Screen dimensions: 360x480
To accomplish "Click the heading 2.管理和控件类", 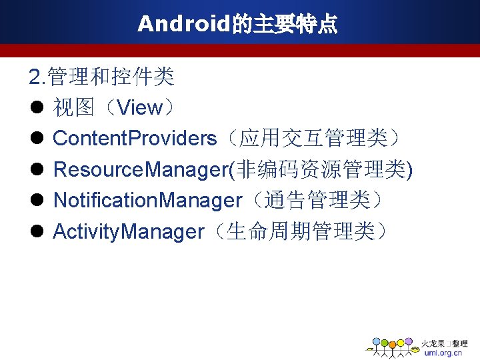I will [101, 77].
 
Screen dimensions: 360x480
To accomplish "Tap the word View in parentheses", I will [139, 108].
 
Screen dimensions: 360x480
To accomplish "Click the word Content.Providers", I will [135, 139].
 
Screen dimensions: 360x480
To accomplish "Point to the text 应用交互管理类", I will [313, 139].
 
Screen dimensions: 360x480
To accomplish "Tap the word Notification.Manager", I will [147, 201].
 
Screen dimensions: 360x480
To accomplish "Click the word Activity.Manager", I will [128, 232].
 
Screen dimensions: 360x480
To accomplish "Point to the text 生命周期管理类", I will [306, 232].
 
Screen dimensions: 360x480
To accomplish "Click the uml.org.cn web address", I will [443, 353].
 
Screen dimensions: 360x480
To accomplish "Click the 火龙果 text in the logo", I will [432, 343].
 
